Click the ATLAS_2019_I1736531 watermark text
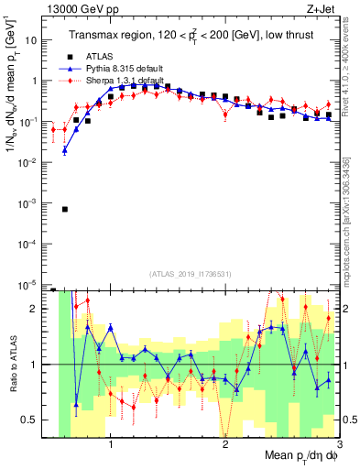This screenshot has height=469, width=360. [184, 274]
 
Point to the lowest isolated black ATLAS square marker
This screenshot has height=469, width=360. [65, 209]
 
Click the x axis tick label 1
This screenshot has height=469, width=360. [111, 445]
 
